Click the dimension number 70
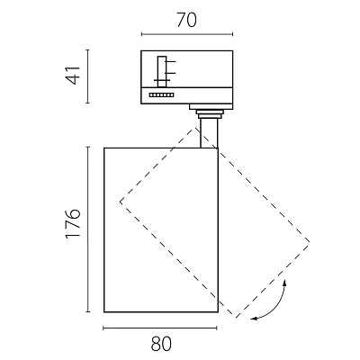(186, 20)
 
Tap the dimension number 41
(74, 75)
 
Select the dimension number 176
(74, 223)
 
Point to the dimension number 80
(161, 344)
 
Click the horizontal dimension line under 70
(187, 34)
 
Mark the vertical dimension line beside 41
(87, 76)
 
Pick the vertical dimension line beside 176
(88, 229)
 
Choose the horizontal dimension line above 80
(160, 328)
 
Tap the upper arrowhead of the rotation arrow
(284, 282)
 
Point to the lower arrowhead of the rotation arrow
(253, 319)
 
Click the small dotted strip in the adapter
(161, 95)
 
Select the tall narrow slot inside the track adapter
(162, 72)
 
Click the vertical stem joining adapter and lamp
(209, 133)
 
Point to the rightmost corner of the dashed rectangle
(310, 242)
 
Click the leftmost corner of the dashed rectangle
(120, 202)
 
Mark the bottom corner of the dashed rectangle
(237, 318)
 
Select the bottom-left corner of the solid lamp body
(104, 312)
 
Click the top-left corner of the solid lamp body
(104, 148)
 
